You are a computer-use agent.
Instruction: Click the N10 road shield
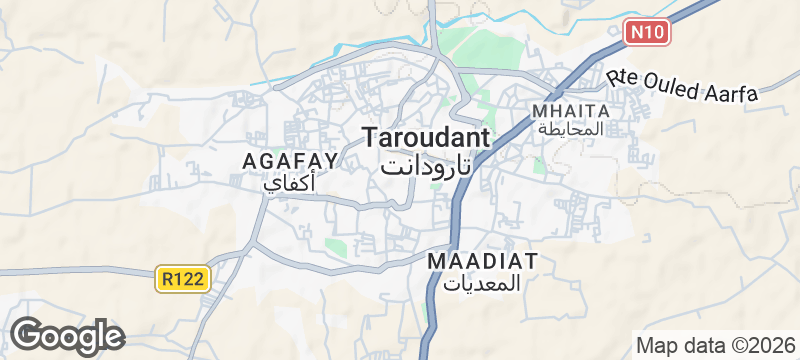point(645,32)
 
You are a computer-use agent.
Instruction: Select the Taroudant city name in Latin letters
point(425,138)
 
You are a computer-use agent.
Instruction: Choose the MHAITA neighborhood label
point(571,110)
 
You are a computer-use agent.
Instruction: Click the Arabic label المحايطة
point(571,130)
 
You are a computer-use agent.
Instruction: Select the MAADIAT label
point(483,261)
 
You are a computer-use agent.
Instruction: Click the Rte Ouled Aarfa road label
point(682,84)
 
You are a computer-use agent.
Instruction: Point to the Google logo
point(67,336)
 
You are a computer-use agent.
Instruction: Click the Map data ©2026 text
point(714,345)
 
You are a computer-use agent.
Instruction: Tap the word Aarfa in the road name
point(732,92)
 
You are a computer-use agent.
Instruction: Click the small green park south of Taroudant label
point(336,246)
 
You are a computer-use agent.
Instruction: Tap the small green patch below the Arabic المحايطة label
point(540,166)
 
